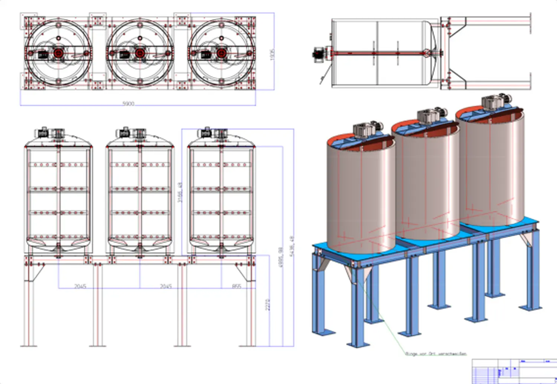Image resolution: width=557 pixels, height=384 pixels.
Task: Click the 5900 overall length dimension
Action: (128, 103)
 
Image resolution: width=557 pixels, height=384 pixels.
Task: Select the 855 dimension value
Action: (237, 286)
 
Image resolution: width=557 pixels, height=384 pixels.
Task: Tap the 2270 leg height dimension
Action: (268, 305)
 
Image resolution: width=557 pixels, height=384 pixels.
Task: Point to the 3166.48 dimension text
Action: (180, 192)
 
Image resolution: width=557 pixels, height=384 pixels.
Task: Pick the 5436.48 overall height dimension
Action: (292, 246)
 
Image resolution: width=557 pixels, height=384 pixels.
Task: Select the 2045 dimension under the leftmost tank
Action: (80, 286)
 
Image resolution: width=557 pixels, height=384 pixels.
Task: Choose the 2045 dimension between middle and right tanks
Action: (166, 286)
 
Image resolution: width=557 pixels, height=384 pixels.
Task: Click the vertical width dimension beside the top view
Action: (272, 55)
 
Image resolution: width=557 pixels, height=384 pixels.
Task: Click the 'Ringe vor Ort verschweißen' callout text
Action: (436, 354)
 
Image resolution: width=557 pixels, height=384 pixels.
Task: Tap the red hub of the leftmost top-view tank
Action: (58, 53)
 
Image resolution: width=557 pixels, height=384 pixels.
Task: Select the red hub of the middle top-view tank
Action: (140, 53)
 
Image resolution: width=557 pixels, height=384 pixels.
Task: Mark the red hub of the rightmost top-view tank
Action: (221, 53)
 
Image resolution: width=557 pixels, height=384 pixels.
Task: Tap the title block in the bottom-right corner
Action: (514, 371)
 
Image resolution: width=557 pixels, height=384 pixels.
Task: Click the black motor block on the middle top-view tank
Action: (124, 55)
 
